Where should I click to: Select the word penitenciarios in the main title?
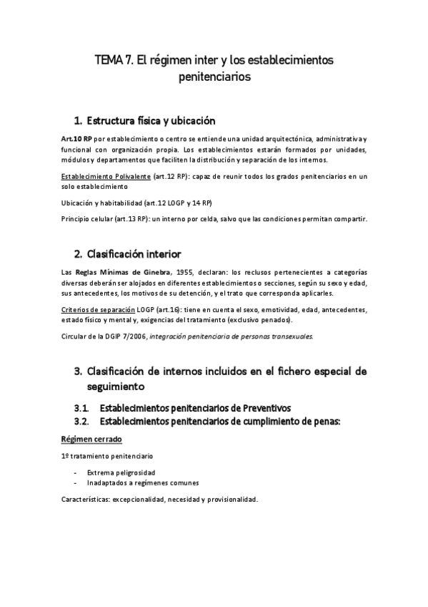coord(214,77)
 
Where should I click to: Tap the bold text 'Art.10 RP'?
coord(77,137)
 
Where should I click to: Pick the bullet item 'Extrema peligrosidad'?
coord(121,472)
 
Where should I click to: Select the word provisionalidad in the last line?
coord(228,499)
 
